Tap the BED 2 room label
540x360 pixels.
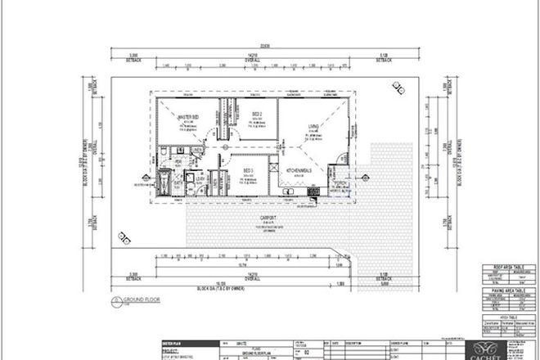[256, 114]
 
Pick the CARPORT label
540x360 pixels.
[266, 217]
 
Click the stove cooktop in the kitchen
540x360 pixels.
[313, 191]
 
